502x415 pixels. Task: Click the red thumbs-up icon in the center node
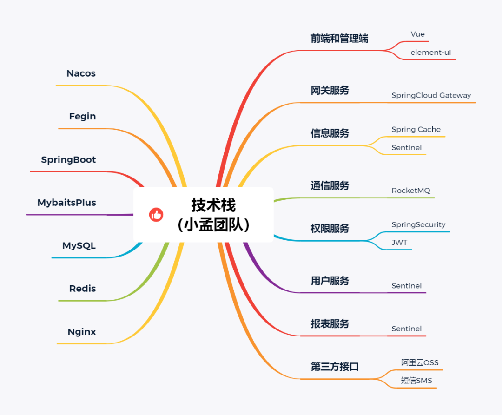click(156, 215)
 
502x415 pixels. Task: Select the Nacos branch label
click(81, 73)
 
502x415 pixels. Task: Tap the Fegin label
click(82, 116)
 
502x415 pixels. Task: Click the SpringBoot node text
click(68, 159)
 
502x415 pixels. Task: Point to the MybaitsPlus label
click(66, 203)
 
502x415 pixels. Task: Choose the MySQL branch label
click(79, 245)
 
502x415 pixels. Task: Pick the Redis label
click(82, 288)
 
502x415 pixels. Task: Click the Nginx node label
click(82, 332)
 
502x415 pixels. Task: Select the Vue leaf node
click(417, 34)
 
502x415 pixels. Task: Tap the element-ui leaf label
click(430, 53)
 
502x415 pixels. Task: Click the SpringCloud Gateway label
click(431, 95)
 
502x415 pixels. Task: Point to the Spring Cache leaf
click(416, 129)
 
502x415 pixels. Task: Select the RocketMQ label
click(411, 191)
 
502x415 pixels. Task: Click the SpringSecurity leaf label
click(418, 224)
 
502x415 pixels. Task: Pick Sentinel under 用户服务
click(406, 286)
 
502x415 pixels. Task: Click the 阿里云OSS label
click(420, 362)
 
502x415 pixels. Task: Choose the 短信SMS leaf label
click(416, 381)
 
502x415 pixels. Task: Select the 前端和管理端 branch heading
click(339, 39)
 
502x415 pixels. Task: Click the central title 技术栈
click(213, 205)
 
